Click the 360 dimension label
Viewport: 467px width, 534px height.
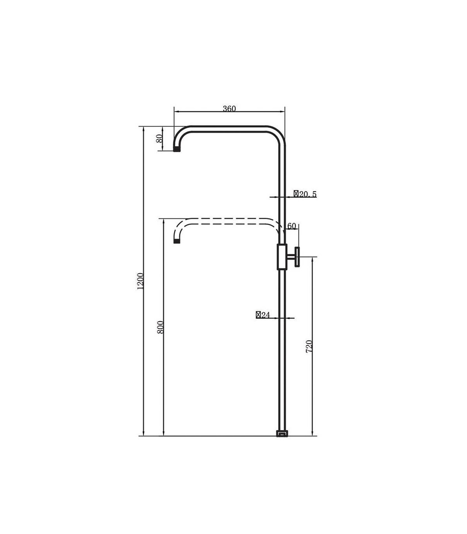[229, 109]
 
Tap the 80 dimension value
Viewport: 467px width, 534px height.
[159, 139]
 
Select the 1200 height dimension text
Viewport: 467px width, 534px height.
[140, 281]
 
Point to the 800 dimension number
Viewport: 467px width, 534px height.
[160, 327]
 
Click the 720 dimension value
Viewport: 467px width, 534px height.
[309, 346]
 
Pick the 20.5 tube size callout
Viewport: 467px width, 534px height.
[305, 194]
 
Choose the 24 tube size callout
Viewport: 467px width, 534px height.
[263, 315]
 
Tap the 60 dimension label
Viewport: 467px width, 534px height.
[291, 226]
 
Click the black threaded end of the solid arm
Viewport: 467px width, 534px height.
[177, 149]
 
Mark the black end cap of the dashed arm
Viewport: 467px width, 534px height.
[177, 241]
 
